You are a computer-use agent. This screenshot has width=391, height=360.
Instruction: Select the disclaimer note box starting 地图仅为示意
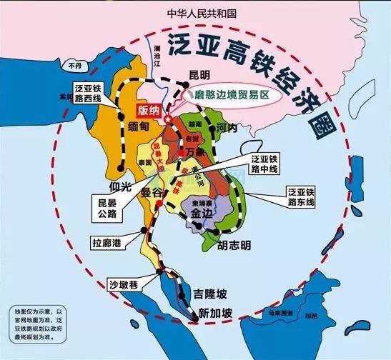pos(38,324)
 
